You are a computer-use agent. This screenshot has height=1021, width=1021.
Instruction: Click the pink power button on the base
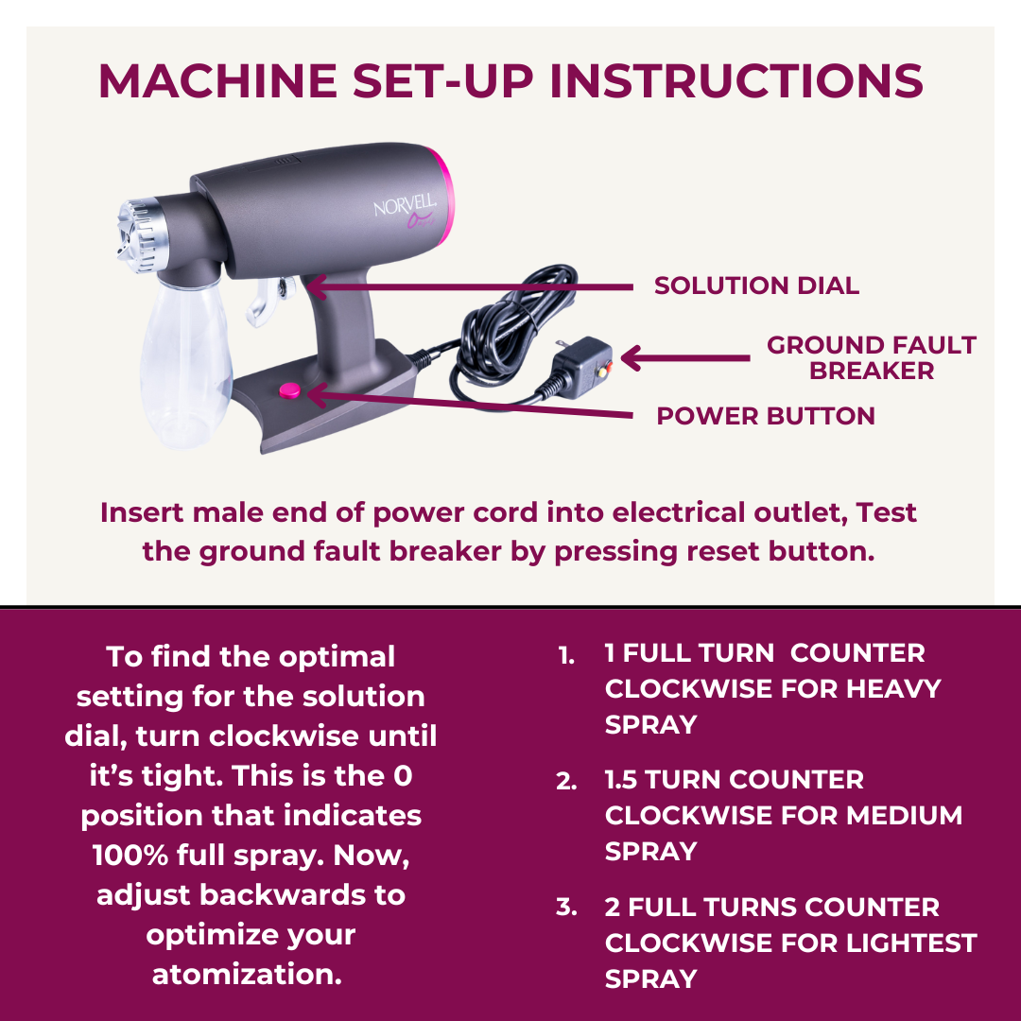(x=290, y=390)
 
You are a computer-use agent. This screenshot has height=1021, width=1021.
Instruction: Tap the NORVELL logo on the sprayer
(x=405, y=206)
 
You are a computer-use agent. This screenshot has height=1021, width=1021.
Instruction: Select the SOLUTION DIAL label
(x=756, y=286)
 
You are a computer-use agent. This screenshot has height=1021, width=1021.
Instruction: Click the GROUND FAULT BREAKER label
(x=872, y=357)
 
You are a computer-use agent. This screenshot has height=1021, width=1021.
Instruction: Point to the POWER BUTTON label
(x=766, y=415)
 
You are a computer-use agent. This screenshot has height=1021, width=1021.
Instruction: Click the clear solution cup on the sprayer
(x=184, y=361)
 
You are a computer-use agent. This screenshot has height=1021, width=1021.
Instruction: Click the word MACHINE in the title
(x=217, y=81)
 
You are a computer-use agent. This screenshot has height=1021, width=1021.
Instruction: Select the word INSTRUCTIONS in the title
(x=736, y=81)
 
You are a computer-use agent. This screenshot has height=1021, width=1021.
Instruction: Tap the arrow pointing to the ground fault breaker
(x=685, y=357)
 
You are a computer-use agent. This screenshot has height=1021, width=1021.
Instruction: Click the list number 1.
(x=566, y=656)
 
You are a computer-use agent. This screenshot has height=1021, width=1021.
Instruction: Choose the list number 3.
(x=566, y=907)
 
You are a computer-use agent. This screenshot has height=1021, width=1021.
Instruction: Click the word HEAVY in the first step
(x=893, y=688)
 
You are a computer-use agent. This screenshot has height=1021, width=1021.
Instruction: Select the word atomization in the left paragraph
(x=247, y=974)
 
